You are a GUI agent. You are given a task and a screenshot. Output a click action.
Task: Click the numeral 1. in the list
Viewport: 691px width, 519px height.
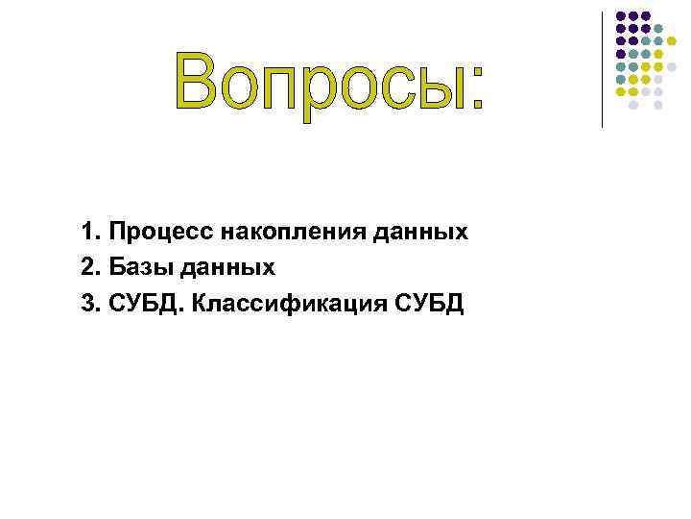(x=91, y=233)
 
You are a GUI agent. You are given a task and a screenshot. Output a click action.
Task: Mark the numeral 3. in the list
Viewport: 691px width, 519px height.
(x=91, y=306)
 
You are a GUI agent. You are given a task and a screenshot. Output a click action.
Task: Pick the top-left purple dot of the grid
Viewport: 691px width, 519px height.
(x=621, y=16)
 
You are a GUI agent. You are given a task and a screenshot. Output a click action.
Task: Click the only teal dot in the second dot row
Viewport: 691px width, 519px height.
(x=658, y=29)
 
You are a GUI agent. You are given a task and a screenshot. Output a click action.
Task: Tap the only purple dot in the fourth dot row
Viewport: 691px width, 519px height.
(x=621, y=54)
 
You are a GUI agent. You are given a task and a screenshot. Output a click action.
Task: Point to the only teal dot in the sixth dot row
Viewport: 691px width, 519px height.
(x=621, y=79)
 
